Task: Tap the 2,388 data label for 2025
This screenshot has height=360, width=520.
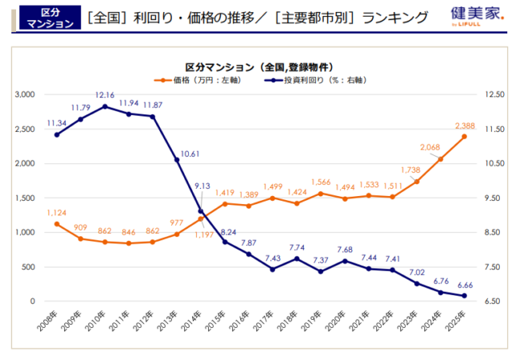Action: [x=464, y=126]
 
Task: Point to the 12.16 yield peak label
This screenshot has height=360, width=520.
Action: [x=104, y=95]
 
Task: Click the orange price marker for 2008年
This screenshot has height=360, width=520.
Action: [x=56, y=224]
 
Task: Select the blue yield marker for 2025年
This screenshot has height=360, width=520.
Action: [x=464, y=296]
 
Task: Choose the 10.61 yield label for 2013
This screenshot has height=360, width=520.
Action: [x=190, y=154]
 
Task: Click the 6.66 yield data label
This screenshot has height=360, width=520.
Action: [x=464, y=285]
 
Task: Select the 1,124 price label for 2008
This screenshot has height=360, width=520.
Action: [x=56, y=213]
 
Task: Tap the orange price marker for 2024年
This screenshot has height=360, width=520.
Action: [x=440, y=158]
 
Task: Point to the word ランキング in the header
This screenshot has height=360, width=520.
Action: [x=396, y=17]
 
